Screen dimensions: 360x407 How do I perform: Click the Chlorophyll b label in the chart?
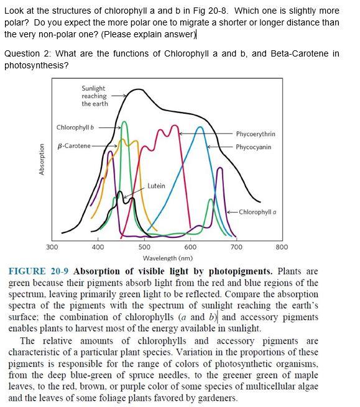(75, 127)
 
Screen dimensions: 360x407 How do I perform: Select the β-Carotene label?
(73, 146)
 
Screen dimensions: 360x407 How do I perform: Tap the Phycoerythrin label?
(255, 134)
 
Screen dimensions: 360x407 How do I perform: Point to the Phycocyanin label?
(254, 147)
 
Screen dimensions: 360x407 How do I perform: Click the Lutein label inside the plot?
(157, 186)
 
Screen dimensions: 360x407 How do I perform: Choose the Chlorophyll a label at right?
(257, 212)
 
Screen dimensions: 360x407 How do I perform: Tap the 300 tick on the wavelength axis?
(53, 247)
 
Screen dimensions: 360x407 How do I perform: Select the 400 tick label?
(98, 247)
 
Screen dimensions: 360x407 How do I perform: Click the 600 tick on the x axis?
(190, 247)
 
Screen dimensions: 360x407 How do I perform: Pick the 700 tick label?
(236, 247)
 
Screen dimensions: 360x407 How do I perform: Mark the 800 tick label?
(282, 247)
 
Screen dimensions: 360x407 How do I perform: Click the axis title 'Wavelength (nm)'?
(167, 258)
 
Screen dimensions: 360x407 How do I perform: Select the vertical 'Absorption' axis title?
(42, 160)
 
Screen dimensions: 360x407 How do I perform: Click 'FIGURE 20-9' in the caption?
(38, 272)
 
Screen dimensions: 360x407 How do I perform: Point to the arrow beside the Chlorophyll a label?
(229, 212)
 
